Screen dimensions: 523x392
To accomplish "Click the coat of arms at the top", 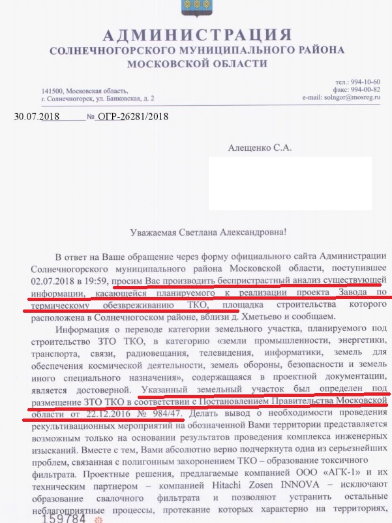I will pyautogui.click(x=195, y=7).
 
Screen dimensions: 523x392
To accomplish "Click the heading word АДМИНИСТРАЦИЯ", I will pyautogui.click(x=196, y=35).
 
